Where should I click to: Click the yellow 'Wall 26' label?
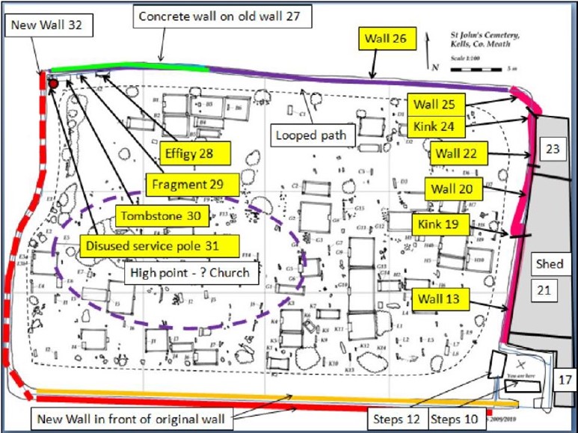tap(387, 40)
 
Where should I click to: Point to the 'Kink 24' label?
tap(436, 126)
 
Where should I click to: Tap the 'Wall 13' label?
tap(440, 300)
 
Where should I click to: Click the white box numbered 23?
tap(552, 149)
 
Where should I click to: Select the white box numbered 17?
tap(565, 380)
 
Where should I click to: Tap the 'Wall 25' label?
tap(437, 104)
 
